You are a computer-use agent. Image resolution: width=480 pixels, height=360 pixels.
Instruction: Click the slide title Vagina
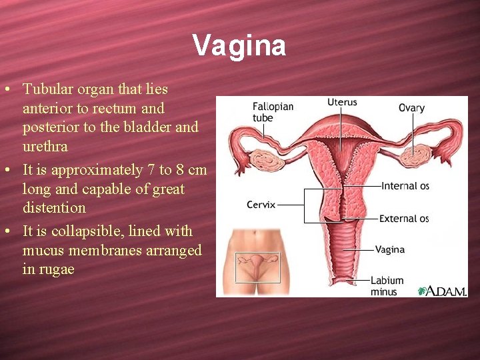tap(239, 46)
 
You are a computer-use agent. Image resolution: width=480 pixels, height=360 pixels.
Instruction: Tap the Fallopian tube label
tap(273, 112)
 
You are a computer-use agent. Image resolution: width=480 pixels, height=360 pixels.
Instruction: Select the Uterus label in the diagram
tap(342, 102)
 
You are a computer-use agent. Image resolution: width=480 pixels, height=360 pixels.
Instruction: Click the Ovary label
tap(411, 107)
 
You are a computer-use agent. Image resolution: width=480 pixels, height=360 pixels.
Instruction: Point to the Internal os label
tap(405, 186)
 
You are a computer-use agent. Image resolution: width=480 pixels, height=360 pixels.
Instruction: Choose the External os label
tap(404, 218)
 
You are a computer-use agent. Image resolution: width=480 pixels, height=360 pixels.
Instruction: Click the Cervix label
tap(261, 205)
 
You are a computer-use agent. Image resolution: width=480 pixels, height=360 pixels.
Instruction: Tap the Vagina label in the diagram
tap(389, 249)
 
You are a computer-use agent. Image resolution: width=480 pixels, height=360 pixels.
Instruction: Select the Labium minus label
tap(387, 286)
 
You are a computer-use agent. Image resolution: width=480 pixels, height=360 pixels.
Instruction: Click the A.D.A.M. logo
tap(442, 291)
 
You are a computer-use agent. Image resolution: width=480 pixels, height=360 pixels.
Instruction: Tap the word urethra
tap(45, 146)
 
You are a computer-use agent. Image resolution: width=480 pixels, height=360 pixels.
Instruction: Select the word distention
tap(54, 207)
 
